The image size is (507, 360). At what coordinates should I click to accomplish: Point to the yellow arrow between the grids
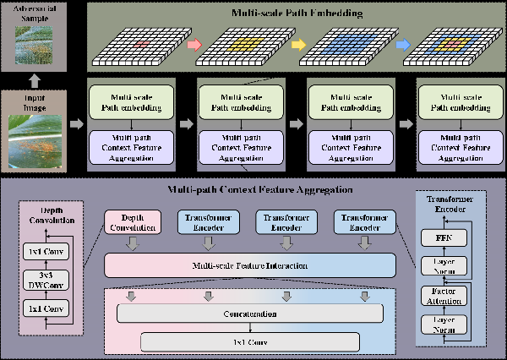pyautogui.click(x=299, y=43)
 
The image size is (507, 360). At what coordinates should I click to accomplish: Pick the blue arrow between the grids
pyautogui.click(x=403, y=43)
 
